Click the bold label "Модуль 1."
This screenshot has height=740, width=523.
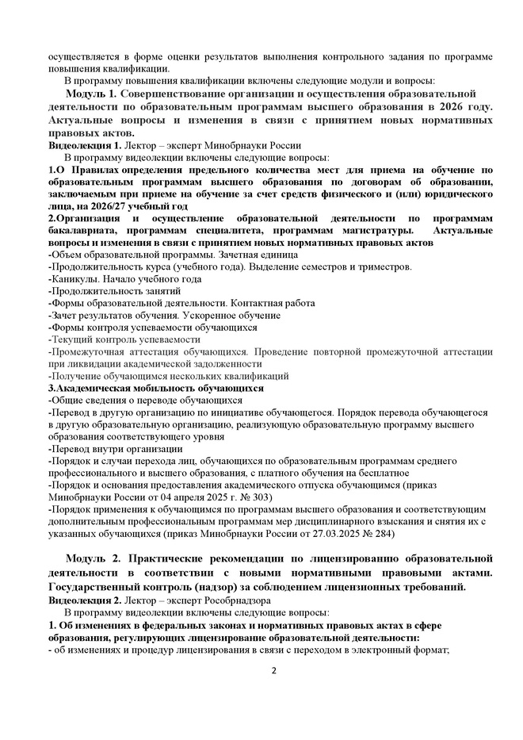click(x=91, y=94)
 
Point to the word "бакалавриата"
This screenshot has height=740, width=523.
click(x=84, y=230)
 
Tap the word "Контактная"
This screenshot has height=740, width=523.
click(x=257, y=303)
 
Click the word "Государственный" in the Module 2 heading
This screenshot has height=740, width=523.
click(x=100, y=588)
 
